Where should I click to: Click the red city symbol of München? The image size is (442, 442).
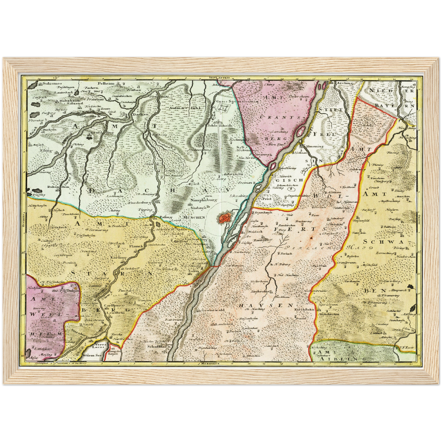tap(224, 218)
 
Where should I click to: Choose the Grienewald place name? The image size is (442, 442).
tap(213, 310)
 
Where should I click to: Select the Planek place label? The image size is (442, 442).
tap(136, 246)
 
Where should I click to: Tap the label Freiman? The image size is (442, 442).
tap(244, 183)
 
